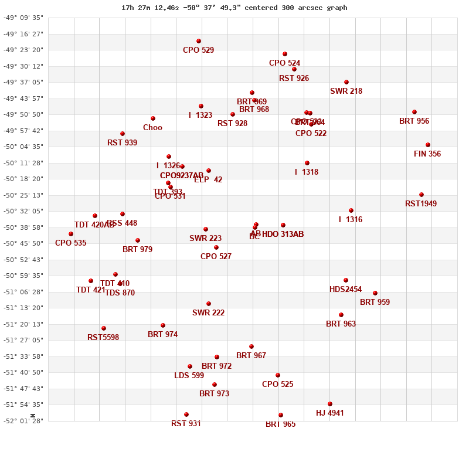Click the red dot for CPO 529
[x=199, y=41]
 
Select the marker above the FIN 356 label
[x=428, y=145]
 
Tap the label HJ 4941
[x=330, y=413]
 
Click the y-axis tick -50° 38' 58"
[x=23, y=227]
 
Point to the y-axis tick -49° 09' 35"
[x=23, y=18]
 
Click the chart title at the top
[x=235, y=8]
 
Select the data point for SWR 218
[x=346, y=82]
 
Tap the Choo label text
[x=152, y=128]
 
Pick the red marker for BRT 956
[x=414, y=112]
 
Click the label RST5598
[x=103, y=338]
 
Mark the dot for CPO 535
[x=71, y=234]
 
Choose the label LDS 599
[x=189, y=376]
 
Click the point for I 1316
[x=351, y=210]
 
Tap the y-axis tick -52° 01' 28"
[x=23, y=421]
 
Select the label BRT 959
[x=375, y=303]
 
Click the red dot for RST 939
[x=123, y=134]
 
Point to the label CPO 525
[x=278, y=385]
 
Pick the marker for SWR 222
[x=209, y=304]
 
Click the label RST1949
[x=421, y=204]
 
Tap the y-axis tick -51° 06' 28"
[x=23, y=292]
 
